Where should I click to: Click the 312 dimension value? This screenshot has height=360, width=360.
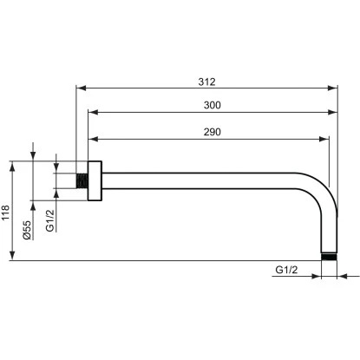206,82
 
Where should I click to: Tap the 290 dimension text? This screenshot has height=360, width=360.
206,131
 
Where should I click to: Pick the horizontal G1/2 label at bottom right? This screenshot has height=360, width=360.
287,271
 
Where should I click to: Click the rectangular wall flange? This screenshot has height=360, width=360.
95,182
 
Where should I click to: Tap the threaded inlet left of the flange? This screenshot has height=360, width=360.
82,182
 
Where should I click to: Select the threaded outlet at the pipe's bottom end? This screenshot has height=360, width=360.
329,256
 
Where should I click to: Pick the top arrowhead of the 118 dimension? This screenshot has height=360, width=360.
12,164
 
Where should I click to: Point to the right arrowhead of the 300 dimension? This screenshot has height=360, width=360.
334,113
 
